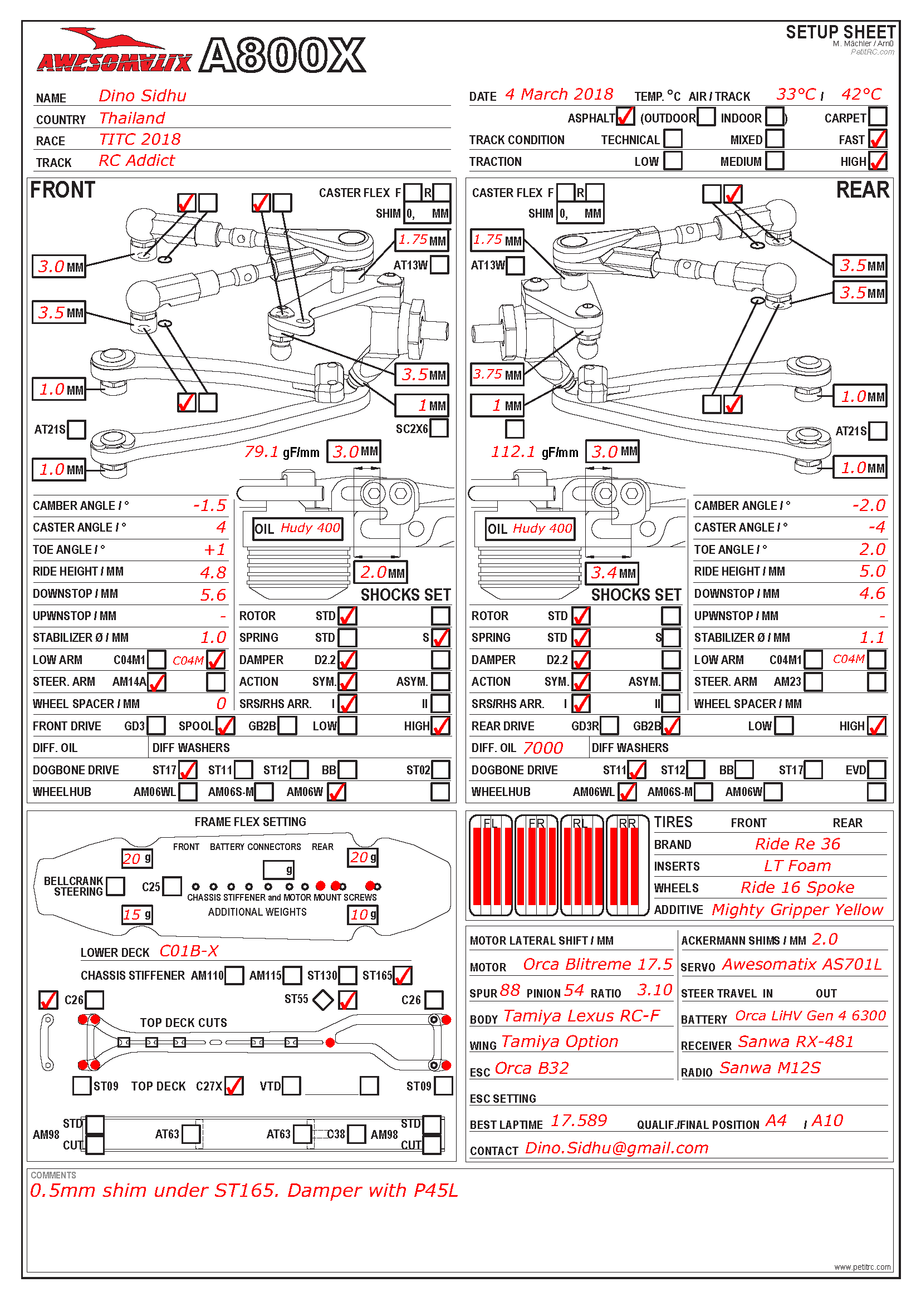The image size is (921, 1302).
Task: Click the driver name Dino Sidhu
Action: pyautogui.click(x=142, y=96)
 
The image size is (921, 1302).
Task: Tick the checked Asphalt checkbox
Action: pyautogui.click(x=624, y=117)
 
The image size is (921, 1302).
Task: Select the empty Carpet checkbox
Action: pyautogui.click(x=878, y=117)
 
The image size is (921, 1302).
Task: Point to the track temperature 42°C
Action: pyautogui.click(x=861, y=95)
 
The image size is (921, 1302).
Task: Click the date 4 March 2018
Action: pyautogui.click(x=559, y=95)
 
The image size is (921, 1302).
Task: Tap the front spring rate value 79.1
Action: pyautogui.click(x=262, y=452)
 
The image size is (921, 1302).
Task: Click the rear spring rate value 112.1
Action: pyautogui.click(x=513, y=452)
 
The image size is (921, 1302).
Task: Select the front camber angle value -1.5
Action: pyautogui.click(x=209, y=505)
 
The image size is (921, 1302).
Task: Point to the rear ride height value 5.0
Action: pyautogui.click(x=871, y=571)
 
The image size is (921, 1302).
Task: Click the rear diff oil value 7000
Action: pyautogui.click(x=543, y=748)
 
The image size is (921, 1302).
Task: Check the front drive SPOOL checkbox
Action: pyautogui.click(x=225, y=726)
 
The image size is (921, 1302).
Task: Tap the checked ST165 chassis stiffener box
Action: pyautogui.click(x=402, y=975)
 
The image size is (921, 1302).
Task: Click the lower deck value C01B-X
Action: pyautogui.click(x=189, y=951)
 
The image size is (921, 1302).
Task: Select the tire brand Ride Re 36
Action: pyautogui.click(x=797, y=844)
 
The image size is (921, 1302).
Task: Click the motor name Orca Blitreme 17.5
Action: pyautogui.click(x=596, y=965)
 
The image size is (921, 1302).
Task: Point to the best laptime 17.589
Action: pyautogui.click(x=579, y=1121)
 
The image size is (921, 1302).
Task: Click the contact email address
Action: pyautogui.click(x=616, y=1148)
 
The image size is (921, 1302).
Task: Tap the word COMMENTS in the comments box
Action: pyautogui.click(x=53, y=1175)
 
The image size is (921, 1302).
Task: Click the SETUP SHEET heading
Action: pyautogui.click(x=840, y=32)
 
